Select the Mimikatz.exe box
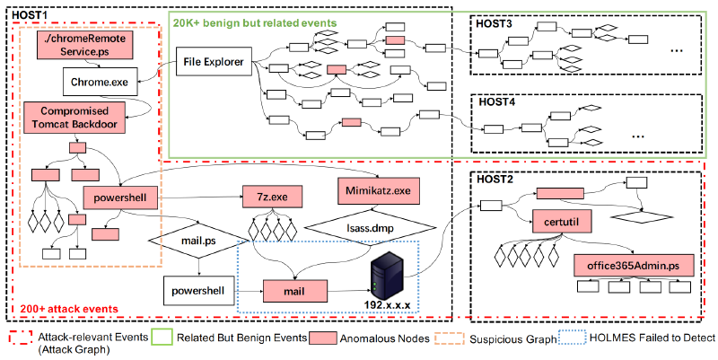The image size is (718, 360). [376, 190]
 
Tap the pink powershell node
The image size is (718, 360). [121, 196]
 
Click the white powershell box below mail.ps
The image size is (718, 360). [199, 290]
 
